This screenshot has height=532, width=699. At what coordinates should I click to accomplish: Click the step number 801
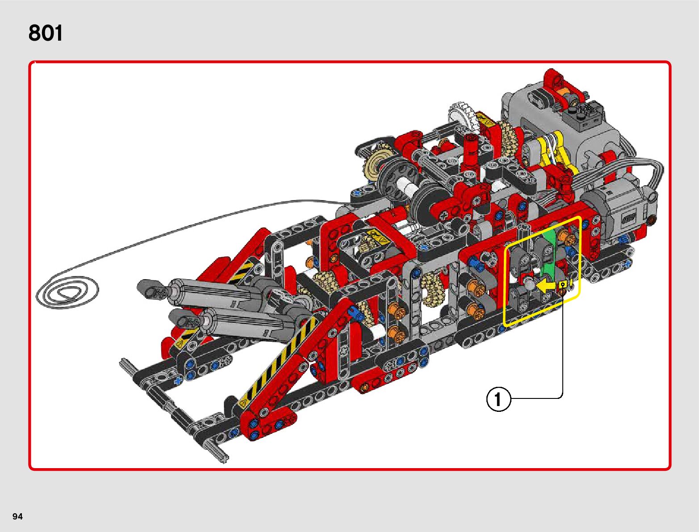click(46, 33)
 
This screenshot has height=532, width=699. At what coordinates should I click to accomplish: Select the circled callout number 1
click(498, 399)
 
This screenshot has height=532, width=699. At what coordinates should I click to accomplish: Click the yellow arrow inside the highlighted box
click(548, 285)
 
